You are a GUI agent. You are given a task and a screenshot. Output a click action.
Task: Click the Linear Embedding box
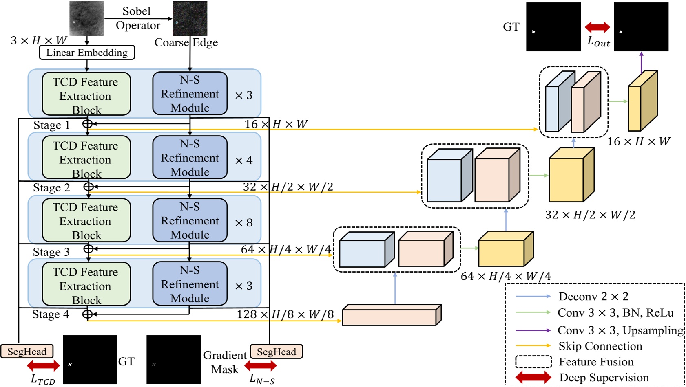[x=87, y=53]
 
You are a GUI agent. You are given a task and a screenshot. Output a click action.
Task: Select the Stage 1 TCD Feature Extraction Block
[x=86, y=94]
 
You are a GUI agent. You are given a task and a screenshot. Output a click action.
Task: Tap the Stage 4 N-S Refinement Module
[x=190, y=284]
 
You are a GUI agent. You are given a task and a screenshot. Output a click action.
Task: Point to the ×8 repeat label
[x=244, y=223]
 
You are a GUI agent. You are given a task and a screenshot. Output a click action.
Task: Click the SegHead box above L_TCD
[x=27, y=352]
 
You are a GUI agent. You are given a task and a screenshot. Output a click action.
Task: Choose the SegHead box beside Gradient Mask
[x=276, y=352]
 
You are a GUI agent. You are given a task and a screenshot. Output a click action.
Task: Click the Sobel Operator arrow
[x=138, y=18]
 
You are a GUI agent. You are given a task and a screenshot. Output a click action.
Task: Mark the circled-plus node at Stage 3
[x=88, y=248]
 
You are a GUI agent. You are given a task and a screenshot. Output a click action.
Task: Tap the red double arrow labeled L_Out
[x=597, y=27]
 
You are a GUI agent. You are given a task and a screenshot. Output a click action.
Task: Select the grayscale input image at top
[x=86, y=18]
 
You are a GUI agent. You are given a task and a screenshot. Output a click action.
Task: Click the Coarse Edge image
[x=190, y=18]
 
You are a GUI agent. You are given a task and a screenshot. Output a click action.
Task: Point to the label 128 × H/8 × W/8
[x=285, y=314]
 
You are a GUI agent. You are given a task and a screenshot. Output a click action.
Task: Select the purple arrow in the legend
[x=533, y=330]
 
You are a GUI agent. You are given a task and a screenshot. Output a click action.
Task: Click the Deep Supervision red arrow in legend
[x=533, y=378]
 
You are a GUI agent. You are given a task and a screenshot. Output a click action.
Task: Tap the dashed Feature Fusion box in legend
[x=533, y=362]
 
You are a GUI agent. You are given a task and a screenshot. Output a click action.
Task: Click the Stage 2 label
[x=51, y=188]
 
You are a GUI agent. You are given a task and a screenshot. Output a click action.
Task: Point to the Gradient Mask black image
[x=174, y=359]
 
